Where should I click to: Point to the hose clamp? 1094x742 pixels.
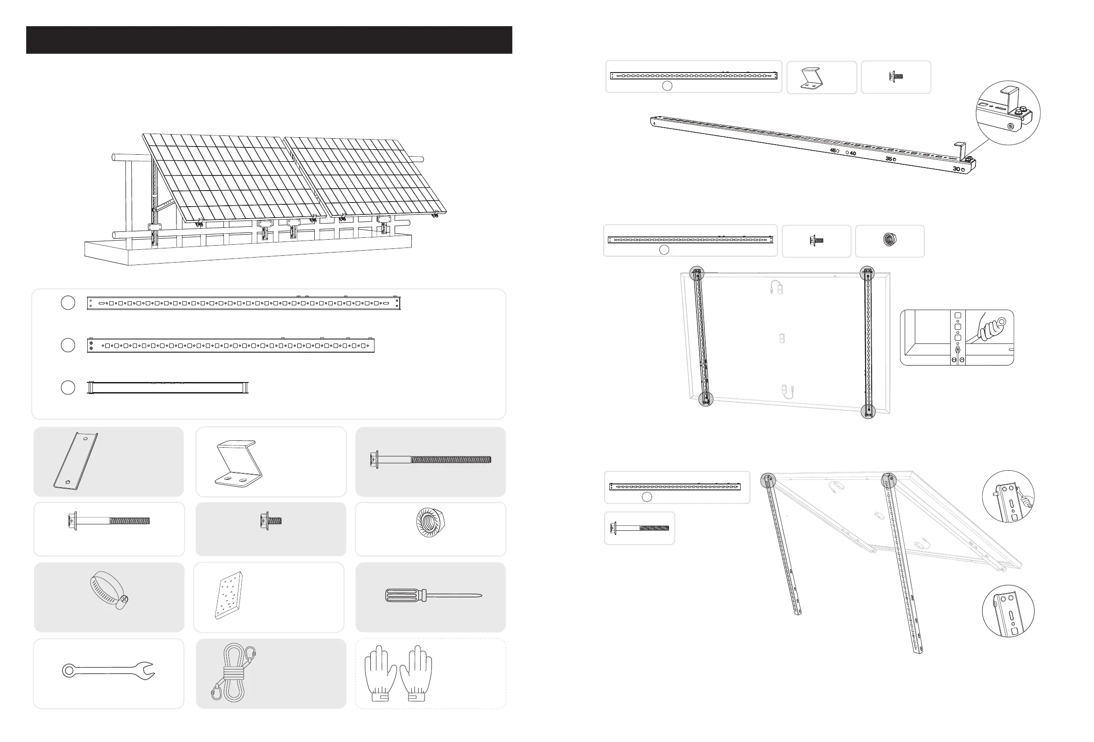109,591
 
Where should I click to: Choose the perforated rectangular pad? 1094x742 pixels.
229,595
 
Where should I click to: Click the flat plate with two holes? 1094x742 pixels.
75,461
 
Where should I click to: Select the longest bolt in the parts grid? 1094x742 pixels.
431,459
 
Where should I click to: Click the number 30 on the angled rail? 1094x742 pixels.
956,169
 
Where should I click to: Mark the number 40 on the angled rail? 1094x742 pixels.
853,153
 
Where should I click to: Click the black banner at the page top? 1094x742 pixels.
269,39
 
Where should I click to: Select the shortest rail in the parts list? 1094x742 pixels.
168,388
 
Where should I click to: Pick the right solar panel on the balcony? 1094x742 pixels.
365,176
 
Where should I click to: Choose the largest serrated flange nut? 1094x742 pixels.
430,522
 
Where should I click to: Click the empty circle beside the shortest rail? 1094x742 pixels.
68,387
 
